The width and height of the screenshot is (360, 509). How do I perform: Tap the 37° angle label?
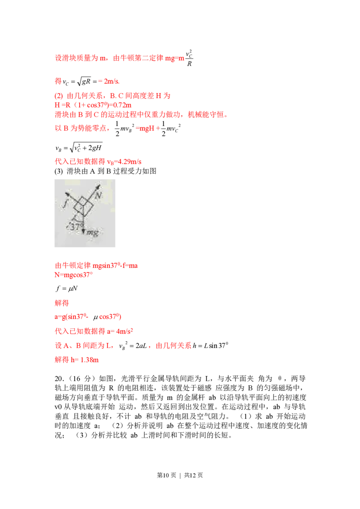[x=75, y=228]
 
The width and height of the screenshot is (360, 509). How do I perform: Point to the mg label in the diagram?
[x=93, y=232]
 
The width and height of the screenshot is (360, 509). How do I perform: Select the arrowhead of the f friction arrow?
[x=67, y=194]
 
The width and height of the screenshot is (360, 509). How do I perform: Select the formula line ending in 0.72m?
[x=93, y=105]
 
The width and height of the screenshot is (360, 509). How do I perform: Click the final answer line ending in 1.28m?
[x=76, y=360]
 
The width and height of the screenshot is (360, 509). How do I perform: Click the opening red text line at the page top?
[x=120, y=58]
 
